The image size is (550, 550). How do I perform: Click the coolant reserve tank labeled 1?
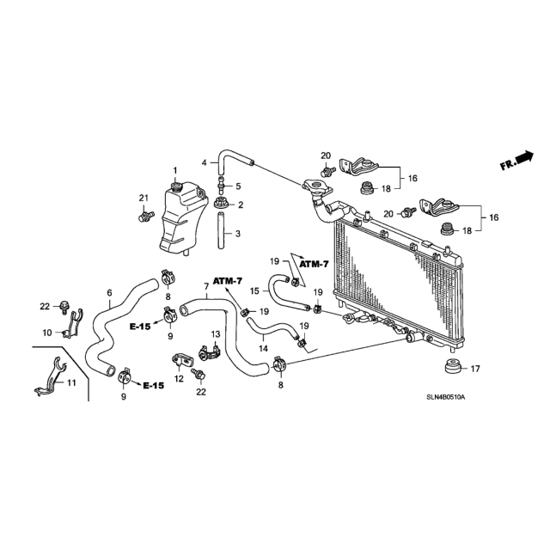pos(182,217)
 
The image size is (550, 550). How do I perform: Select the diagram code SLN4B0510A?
pos(445,397)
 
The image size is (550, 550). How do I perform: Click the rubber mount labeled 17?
pos(452,367)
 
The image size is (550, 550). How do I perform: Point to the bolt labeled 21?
pos(146,216)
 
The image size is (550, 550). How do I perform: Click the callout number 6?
pos(109,292)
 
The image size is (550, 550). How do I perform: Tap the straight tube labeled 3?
pos(221,230)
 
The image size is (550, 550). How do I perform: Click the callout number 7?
pos(206,286)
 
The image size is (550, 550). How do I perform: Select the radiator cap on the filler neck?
pos(317,186)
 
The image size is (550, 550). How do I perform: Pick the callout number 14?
pos(263,348)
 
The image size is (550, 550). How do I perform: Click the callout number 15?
pos(254,290)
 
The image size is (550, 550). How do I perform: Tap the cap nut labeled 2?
pos(222,203)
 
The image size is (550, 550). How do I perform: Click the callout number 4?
pos(205,162)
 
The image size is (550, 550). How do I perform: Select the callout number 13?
pos(215,333)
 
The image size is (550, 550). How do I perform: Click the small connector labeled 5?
pos(221,185)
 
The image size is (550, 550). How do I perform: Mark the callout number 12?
pos(179,379)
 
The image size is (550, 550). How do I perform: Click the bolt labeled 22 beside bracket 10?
pos(64,308)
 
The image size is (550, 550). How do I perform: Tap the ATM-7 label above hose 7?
pos(228,281)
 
